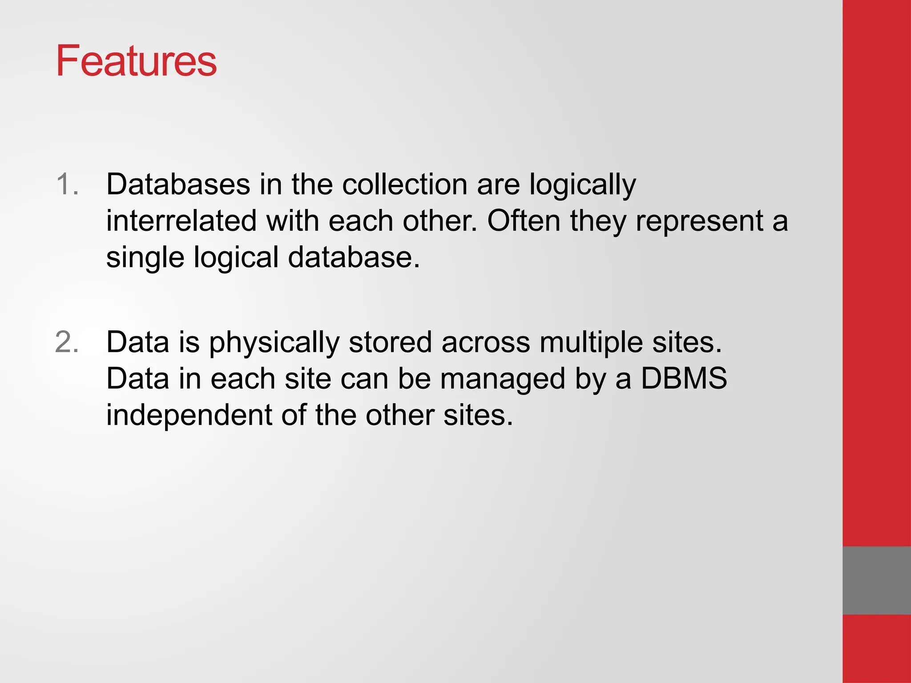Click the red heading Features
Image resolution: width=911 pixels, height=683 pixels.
point(136,61)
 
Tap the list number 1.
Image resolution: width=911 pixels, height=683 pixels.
point(67,184)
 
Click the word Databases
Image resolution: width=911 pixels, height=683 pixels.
point(178,184)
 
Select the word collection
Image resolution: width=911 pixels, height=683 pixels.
point(404,184)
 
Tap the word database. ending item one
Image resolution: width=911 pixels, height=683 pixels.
point(354,257)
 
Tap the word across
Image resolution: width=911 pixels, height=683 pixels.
point(486,343)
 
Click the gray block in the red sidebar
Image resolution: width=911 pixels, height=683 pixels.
point(876,580)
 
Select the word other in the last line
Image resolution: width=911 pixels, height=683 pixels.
point(399,415)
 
